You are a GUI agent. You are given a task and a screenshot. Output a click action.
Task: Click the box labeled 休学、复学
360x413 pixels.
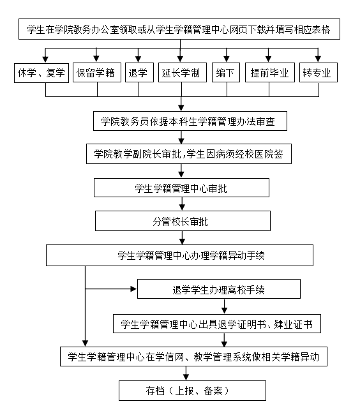[x=41, y=73]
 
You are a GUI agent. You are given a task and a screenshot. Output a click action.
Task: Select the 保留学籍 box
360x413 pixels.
[x=97, y=72]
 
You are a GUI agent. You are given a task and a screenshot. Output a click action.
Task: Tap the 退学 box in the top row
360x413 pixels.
[x=139, y=72]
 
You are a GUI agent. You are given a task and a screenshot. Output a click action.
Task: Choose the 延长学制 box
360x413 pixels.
[x=183, y=72]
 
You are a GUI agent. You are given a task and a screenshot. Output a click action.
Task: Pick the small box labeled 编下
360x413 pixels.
[x=226, y=72]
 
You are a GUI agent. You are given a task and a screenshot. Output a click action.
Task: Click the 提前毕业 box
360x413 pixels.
[x=270, y=72]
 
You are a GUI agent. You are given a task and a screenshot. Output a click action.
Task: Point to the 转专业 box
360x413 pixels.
[x=319, y=72]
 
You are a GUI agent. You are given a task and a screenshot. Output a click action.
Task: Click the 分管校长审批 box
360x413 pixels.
[x=183, y=221]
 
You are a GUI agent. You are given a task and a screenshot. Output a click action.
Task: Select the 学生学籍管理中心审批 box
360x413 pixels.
[x=181, y=188]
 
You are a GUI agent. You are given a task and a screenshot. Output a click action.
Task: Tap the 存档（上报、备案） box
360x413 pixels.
[x=192, y=391]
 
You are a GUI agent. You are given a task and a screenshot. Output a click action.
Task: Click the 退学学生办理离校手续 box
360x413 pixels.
[x=219, y=289]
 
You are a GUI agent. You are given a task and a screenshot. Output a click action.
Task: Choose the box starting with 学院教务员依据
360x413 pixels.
[x=190, y=121]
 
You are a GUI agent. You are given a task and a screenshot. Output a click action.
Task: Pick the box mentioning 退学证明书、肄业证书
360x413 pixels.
[x=217, y=324]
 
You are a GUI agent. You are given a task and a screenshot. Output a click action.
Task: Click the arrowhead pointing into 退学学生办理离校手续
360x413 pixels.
[x=134, y=289]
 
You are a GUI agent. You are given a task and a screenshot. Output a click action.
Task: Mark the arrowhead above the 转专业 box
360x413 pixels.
[x=318, y=59]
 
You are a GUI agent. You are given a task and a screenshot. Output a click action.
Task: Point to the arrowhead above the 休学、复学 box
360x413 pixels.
[x=45, y=59]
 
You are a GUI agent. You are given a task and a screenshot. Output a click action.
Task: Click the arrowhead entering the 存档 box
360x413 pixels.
[x=186, y=377]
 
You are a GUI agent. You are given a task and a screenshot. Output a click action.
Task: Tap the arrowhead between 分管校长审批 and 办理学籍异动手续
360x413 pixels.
[x=183, y=241]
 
